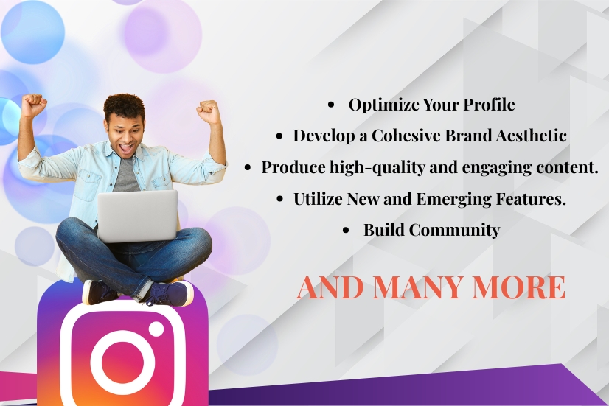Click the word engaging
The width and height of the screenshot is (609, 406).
point(496,168)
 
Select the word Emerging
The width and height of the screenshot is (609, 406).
point(453,200)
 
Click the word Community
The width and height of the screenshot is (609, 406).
point(454,230)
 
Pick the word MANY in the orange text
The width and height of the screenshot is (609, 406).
point(418,287)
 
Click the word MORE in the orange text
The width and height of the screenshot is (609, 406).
point(518,287)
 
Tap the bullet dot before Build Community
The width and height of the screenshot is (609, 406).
point(346,230)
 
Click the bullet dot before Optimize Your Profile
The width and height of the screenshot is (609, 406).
point(331,105)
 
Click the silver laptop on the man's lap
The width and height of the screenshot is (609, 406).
point(137,216)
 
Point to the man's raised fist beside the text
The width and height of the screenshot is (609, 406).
point(209,112)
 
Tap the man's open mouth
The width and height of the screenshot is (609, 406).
point(127,148)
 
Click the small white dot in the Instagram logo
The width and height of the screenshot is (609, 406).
point(156,329)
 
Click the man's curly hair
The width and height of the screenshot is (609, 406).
point(125,105)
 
